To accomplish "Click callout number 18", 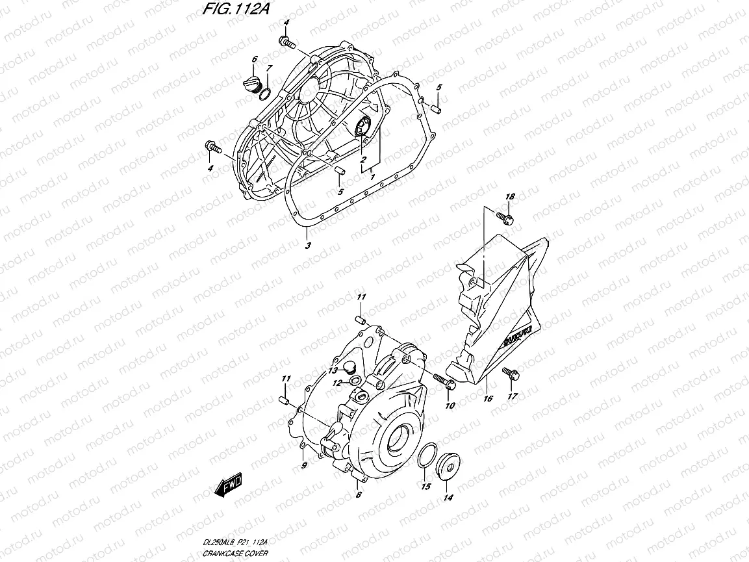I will click(510, 197).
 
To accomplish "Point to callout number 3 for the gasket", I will click(308, 246).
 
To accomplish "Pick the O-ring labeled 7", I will click(264, 96).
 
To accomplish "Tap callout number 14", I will click(448, 498).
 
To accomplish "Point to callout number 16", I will click(487, 398).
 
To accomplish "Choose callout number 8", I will click(358, 495).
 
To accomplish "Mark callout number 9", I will click(303, 466).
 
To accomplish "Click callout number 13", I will click(332, 370).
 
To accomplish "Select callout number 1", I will click(372, 177).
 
